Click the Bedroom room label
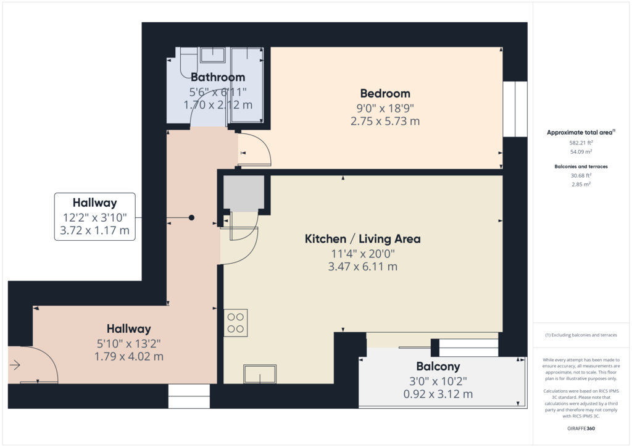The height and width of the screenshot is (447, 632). click(x=385, y=93)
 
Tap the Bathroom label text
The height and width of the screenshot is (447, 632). click(x=218, y=77)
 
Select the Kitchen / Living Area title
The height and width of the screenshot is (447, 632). click(x=362, y=238)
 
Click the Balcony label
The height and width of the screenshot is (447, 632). click(x=438, y=366)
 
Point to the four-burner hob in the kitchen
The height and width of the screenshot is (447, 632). click(x=235, y=323)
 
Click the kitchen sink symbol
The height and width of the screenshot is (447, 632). click(x=260, y=374)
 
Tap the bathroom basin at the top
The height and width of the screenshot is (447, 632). click(x=212, y=55)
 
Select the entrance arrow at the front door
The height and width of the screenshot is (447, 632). click(x=15, y=365)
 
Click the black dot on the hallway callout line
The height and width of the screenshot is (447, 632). click(x=191, y=218)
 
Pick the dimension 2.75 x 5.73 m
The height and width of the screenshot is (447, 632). click(x=385, y=121)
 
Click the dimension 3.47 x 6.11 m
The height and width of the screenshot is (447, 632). click(x=362, y=267)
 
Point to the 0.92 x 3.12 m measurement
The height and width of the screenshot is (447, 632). click(x=438, y=394)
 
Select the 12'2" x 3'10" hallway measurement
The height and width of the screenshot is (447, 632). click(x=94, y=218)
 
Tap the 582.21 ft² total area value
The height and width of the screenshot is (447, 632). click(x=581, y=143)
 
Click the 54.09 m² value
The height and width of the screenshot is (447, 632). click(x=581, y=152)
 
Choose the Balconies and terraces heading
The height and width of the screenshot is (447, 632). click(x=581, y=167)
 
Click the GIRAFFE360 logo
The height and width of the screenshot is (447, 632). click(x=581, y=428)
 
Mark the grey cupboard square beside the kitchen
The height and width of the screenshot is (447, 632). click(x=244, y=193)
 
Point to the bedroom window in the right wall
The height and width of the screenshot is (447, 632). click(x=515, y=109)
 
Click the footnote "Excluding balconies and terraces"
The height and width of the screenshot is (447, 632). click(x=584, y=335)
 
